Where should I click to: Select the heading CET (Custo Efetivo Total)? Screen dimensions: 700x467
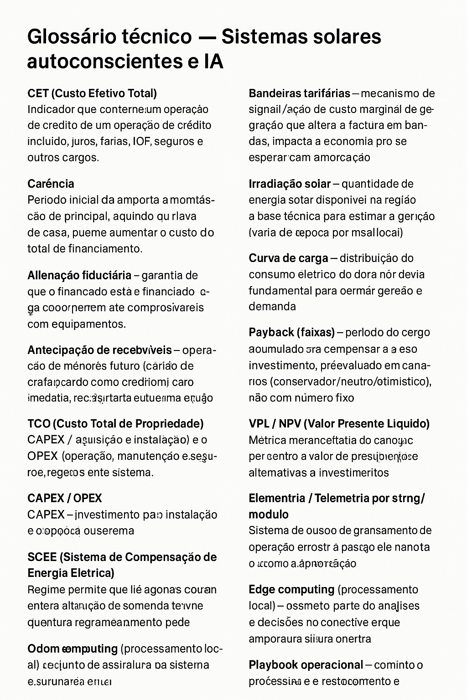[92, 93]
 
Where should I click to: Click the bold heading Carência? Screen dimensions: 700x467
[51, 184]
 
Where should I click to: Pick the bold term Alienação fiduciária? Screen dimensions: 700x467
[79, 275]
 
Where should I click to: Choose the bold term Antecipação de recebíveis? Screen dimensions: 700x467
[99, 350]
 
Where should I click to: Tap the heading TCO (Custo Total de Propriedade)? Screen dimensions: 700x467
[115, 424]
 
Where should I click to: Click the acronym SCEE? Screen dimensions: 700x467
[42, 557]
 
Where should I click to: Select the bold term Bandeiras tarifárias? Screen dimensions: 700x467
[299, 93]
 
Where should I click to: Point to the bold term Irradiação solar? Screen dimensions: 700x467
[290, 184]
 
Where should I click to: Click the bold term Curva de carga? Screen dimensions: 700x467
[288, 258]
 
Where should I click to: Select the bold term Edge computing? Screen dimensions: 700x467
[291, 589]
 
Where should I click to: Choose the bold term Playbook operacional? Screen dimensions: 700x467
[306, 665]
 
